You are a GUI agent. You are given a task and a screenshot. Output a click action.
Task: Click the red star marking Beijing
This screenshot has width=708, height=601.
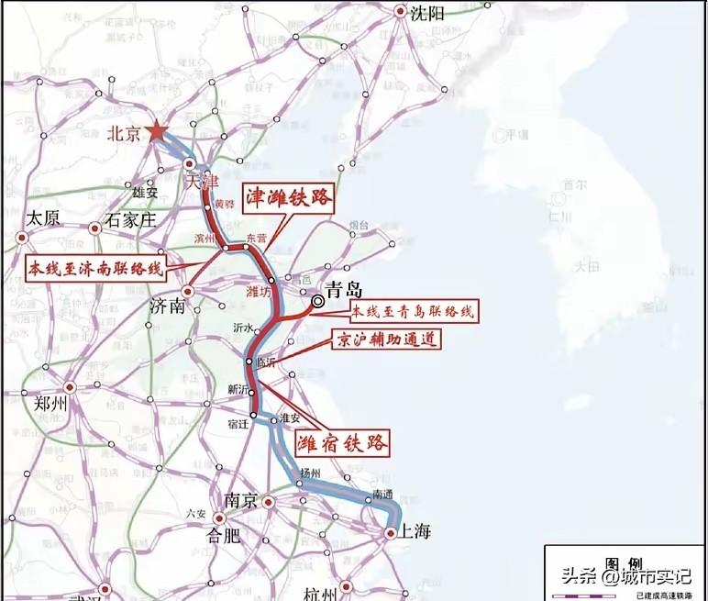click(158, 132)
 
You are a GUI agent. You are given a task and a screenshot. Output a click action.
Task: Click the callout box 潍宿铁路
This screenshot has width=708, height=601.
click(341, 443)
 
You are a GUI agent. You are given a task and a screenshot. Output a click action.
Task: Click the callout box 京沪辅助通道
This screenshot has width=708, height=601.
click(384, 339)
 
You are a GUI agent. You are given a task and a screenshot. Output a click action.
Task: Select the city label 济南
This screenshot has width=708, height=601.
click(167, 307)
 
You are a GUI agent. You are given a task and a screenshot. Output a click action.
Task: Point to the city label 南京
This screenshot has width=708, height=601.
click(240, 502)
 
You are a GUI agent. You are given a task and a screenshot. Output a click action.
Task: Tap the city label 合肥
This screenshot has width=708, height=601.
click(224, 536)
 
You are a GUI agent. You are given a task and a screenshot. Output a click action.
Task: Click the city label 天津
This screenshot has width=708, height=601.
click(204, 183)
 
